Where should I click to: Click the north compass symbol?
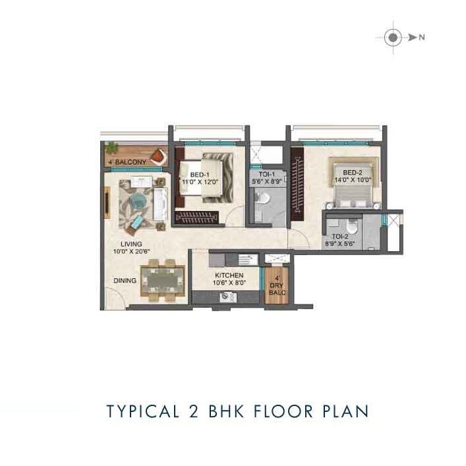coord(393,38)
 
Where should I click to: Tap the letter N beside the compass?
coord(421,38)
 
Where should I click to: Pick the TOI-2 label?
coord(340,236)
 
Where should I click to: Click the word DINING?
coord(125,280)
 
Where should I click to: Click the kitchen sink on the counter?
coord(228,297)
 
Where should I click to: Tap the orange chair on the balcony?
coord(158,156)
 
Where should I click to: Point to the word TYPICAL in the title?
coord(140,411)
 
